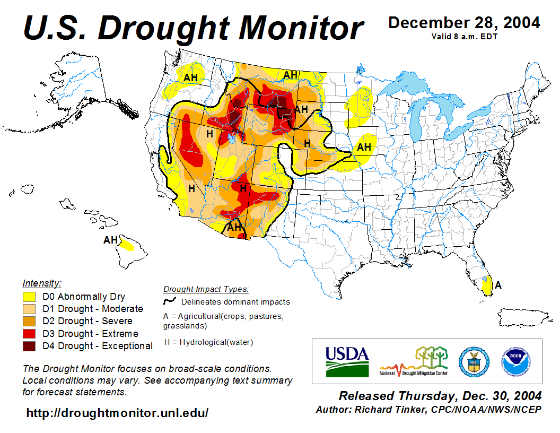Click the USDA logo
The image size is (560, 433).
[347, 361]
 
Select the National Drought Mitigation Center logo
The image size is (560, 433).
[414, 361]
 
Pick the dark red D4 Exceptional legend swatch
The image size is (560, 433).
[29, 346]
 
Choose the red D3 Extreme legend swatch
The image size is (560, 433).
[29, 334]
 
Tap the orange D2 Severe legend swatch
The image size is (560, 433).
[29, 322]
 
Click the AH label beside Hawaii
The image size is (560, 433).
[110, 240]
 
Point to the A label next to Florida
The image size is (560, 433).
[498, 285]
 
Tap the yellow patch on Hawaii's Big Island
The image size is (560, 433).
[126, 246]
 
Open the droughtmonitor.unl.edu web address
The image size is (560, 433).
[117, 413]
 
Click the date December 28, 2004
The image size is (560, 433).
[464, 23]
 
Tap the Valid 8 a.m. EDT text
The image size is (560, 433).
[464, 37]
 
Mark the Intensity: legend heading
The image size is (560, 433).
[42, 283]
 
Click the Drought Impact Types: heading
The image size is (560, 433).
[206, 289]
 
